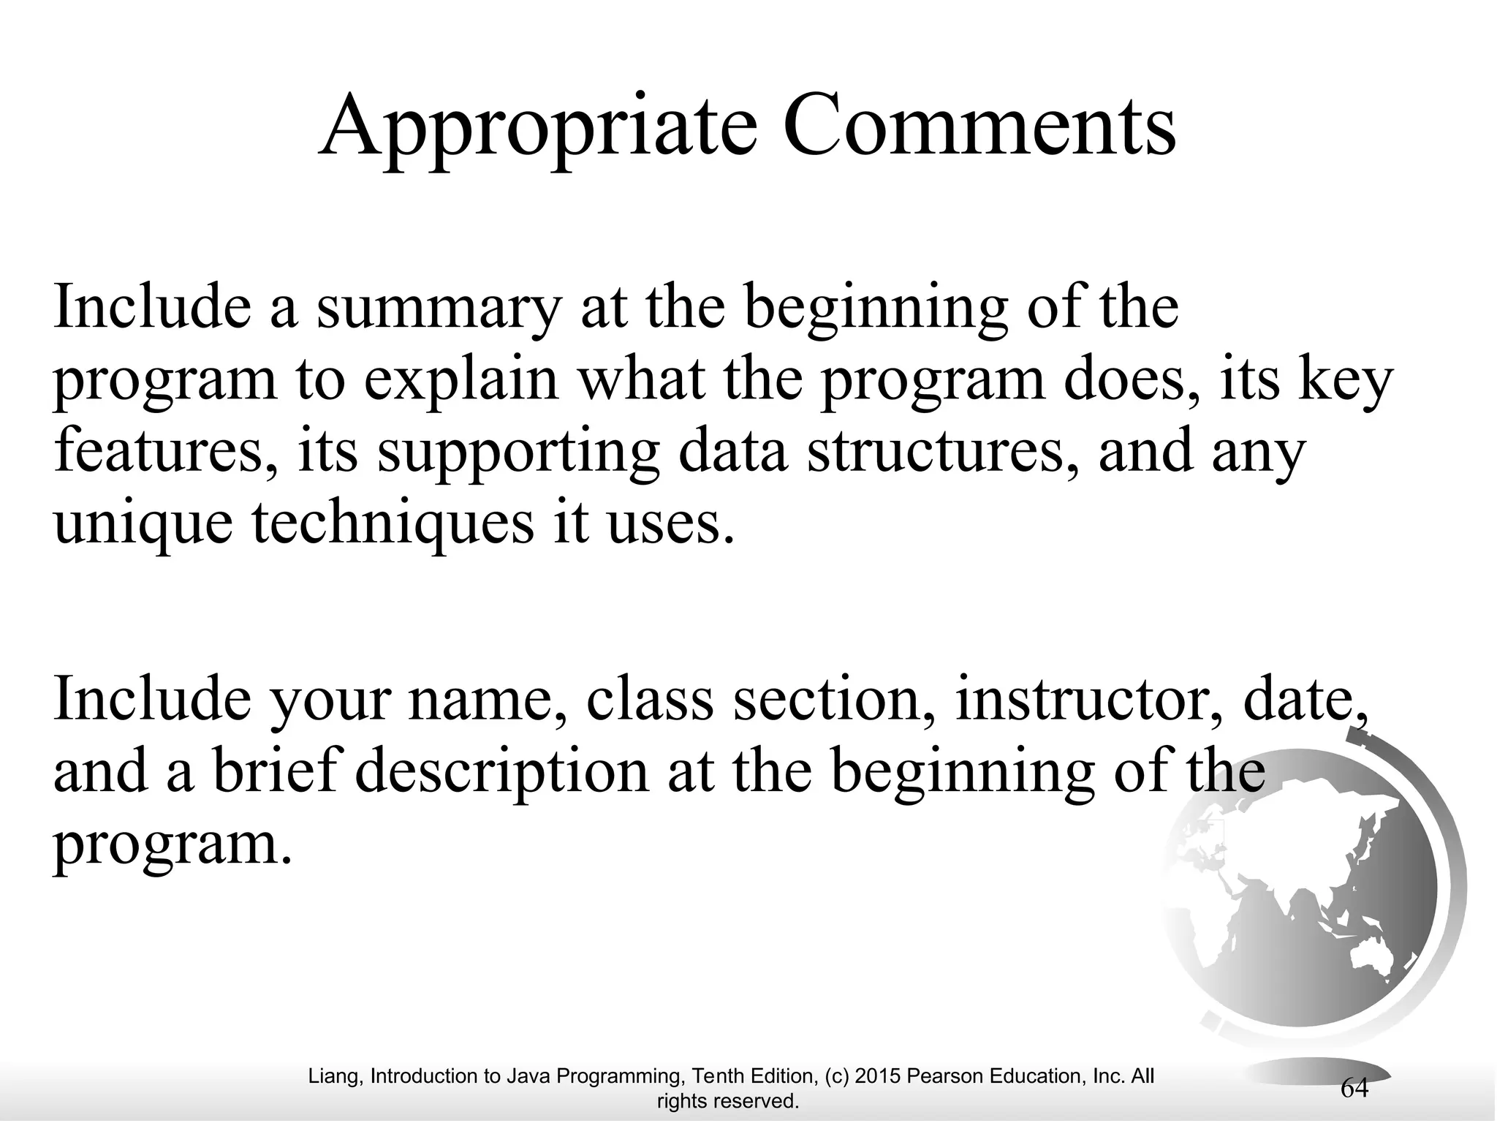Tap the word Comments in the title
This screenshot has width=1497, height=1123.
point(979,126)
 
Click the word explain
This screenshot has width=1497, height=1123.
point(461,382)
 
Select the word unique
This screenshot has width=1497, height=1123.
point(143,524)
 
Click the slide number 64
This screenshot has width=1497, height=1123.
point(1354,1088)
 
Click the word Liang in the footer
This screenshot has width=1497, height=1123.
point(336,1076)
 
